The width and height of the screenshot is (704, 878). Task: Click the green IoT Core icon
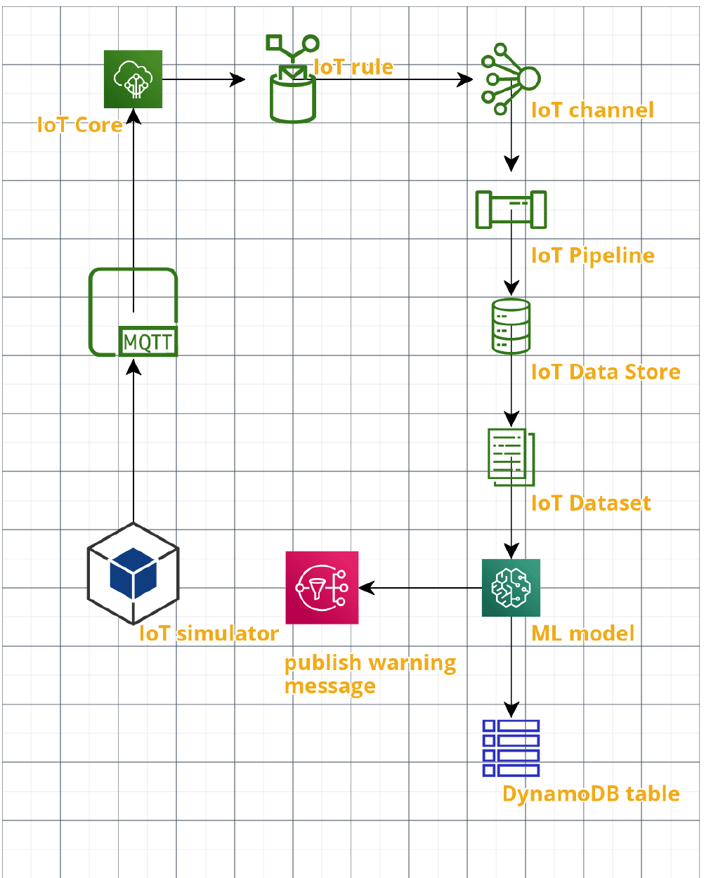[x=133, y=79]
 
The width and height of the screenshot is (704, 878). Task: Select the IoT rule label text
[x=353, y=67]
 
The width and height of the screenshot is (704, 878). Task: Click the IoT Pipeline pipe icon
[x=511, y=209]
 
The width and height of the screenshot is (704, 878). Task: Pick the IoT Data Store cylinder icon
[x=511, y=326]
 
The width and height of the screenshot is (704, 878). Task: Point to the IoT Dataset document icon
[x=511, y=457]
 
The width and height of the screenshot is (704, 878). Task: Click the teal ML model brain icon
[x=511, y=588]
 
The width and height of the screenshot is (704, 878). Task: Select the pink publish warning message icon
[x=322, y=588]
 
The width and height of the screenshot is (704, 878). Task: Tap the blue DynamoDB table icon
[x=511, y=748]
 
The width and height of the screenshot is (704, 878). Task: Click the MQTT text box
[x=148, y=342]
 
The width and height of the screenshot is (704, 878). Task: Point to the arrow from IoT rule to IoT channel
[x=393, y=79]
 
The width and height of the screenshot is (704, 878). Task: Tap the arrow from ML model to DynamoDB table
[x=511, y=667]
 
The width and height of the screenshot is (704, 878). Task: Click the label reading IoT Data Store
[x=606, y=372]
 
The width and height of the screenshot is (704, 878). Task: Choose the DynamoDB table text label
[x=591, y=794]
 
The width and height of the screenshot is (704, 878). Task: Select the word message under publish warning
[x=330, y=686]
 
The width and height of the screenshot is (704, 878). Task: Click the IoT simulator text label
[x=209, y=634]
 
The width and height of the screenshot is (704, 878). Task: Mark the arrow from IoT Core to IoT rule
[x=204, y=79]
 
